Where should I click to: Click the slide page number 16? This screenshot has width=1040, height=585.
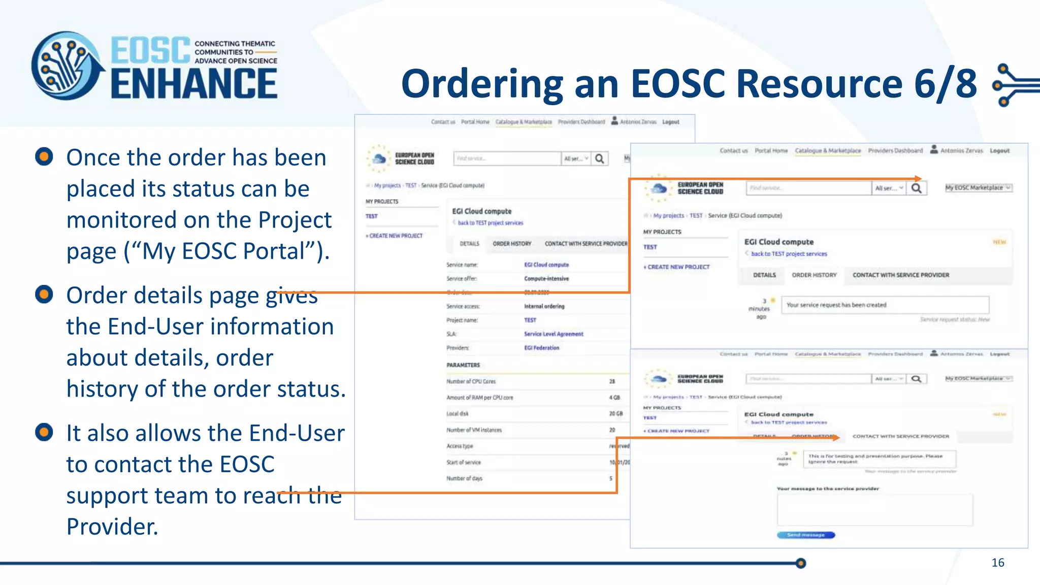pyautogui.click(x=997, y=563)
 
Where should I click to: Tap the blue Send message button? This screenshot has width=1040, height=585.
pyautogui.click(x=806, y=535)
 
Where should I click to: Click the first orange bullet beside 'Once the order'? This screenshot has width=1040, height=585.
pyautogui.click(x=44, y=156)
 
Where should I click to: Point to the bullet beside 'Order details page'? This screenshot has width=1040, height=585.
pyautogui.click(x=44, y=294)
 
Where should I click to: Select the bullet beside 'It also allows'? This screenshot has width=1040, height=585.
pyautogui.click(x=44, y=432)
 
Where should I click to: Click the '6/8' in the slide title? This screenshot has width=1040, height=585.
pyautogui.click(x=945, y=84)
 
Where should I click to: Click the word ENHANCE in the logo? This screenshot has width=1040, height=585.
pyautogui.click(x=194, y=84)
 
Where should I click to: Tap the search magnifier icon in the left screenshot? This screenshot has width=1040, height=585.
pyautogui.click(x=600, y=159)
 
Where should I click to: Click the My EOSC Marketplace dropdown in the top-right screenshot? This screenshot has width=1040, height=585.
pyautogui.click(x=978, y=188)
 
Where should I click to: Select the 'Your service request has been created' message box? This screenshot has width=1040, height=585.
pyautogui.click(x=885, y=305)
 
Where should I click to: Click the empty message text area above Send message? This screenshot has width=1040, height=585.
pyautogui.click(x=874, y=509)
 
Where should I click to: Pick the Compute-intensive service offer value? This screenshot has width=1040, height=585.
pyautogui.click(x=546, y=279)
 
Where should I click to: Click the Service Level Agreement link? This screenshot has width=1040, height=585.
pyautogui.click(x=554, y=334)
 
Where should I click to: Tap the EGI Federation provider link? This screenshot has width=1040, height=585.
pyautogui.click(x=541, y=348)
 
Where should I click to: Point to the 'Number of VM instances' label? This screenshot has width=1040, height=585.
pyautogui.click(x=474, y=430)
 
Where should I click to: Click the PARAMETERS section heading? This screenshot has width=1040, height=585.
pyautogui.click(x=463, y=365)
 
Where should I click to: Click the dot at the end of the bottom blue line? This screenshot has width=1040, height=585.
pyautogui.click(x=801, y=563)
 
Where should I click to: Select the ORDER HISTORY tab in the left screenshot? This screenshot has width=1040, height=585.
pyautogui.click(x=512, y=244)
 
